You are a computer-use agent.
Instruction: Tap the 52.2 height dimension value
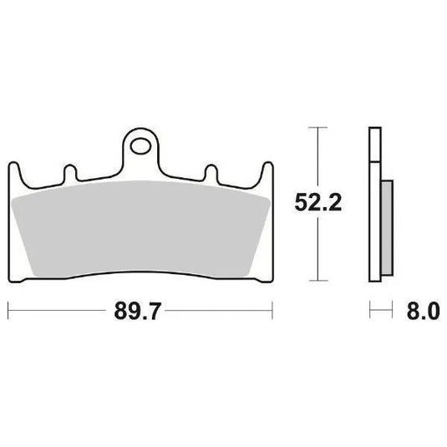(315, 202)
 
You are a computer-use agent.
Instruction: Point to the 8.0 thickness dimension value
(423, 313)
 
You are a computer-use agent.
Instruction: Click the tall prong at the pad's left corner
(12, 170)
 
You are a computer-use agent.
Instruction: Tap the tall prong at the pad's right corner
(267, 170)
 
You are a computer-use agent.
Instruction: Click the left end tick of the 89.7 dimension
(8, 313)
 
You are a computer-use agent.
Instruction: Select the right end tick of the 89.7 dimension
(272, 313)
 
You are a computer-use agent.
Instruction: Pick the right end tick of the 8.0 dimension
(393, 313)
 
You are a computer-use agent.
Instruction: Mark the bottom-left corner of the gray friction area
(30, 272)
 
